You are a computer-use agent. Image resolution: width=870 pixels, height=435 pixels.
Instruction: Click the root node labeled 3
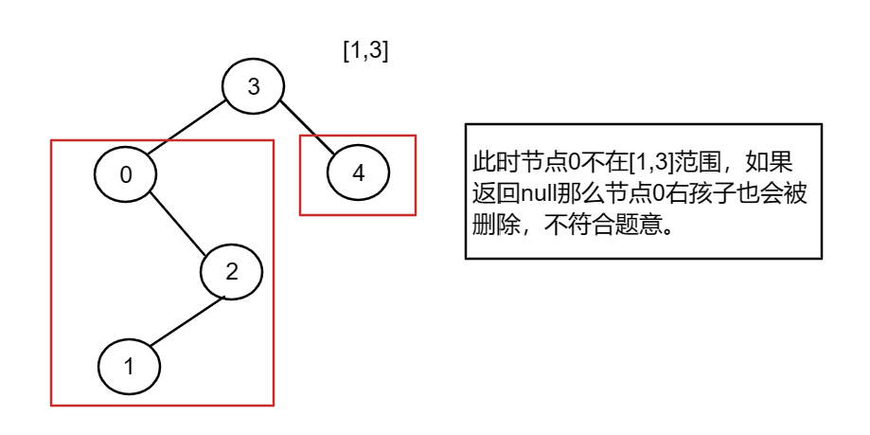[x=253, y=87]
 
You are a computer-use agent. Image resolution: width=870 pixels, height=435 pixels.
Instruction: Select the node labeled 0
[x=125, y=174]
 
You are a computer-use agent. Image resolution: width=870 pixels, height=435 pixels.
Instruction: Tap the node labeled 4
[x=357, y=173]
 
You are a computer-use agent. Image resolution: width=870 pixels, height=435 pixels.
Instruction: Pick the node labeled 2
[x=231, y=271]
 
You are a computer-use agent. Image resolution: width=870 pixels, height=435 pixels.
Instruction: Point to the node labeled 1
[x=130, y=367]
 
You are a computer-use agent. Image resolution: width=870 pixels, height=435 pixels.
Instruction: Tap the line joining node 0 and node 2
[x=179, y=224]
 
